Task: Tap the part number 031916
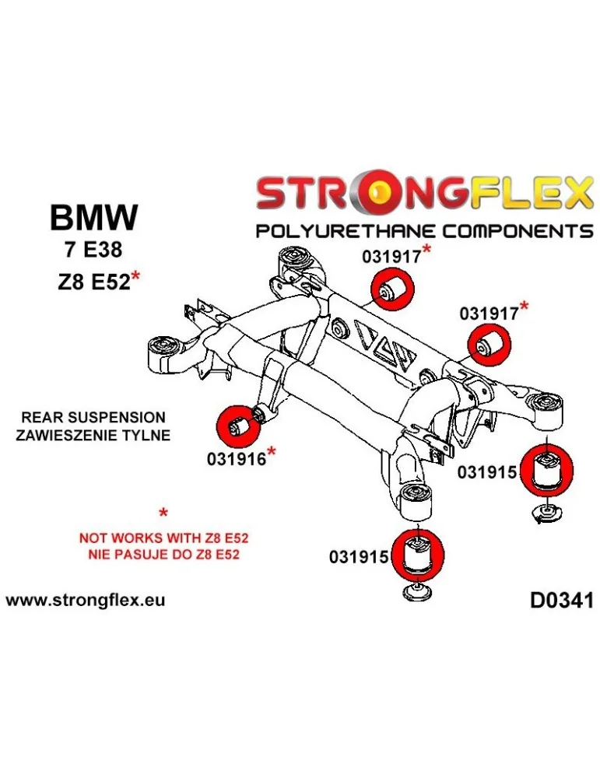click(237, 458)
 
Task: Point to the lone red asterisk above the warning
click(163, 513)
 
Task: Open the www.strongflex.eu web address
click(85, 601)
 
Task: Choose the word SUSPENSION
click(123, 418)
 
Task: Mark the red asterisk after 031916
click(272, 452)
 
